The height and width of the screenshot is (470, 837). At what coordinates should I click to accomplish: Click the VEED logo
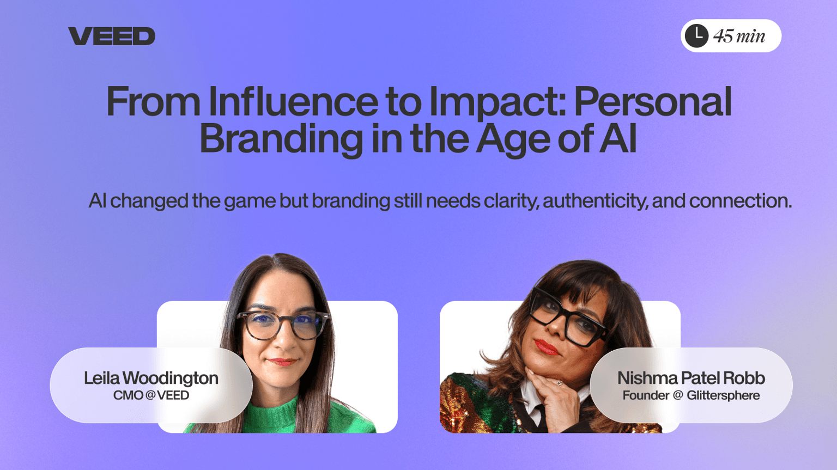tap(111, 36)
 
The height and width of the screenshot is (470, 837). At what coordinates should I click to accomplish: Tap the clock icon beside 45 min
tap(696, 36)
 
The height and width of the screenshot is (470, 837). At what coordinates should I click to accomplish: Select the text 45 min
tap(739, 36)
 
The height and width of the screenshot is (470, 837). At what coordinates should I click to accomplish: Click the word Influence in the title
tap(293, 101)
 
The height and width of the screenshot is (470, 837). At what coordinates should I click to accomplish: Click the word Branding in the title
tap(281, 141)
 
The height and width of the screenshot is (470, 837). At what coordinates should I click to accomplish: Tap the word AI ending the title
tap(618, 138)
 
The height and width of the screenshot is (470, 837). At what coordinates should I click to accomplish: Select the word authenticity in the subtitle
tap(596, 202)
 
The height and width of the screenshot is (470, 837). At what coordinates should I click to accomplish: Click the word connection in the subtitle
tap(741, 201)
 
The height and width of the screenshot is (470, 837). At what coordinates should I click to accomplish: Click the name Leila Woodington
tap(151, 378)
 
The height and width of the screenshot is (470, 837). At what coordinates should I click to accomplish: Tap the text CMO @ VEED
tap(151, 395)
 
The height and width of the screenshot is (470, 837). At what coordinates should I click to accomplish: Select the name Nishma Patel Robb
tap(692, 378)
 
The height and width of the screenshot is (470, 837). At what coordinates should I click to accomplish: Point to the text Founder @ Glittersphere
tap(692, 395)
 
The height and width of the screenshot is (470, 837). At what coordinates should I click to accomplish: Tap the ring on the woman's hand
tap(560, 383)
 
